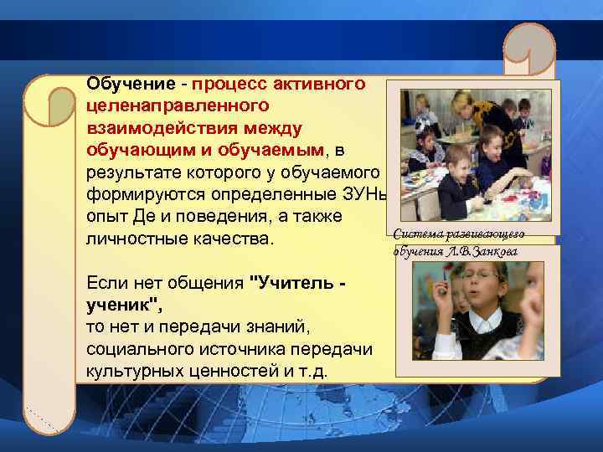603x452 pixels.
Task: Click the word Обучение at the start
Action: point(126,85)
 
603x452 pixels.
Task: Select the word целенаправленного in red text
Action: point(177,106)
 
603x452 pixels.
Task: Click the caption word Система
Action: point(416,233)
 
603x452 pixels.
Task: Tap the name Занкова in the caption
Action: point(493,250)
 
